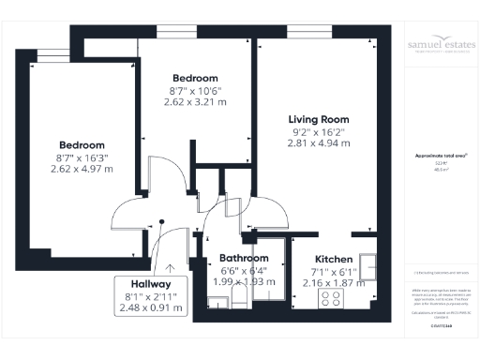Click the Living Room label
318,119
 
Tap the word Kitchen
333,259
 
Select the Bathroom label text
244,258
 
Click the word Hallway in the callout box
151,283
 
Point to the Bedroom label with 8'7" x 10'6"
196,78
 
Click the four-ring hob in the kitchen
332,298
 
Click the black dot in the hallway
162,222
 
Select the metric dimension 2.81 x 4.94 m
318,143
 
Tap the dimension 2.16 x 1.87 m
333,281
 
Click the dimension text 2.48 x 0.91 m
151,307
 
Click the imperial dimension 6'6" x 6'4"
244,270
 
